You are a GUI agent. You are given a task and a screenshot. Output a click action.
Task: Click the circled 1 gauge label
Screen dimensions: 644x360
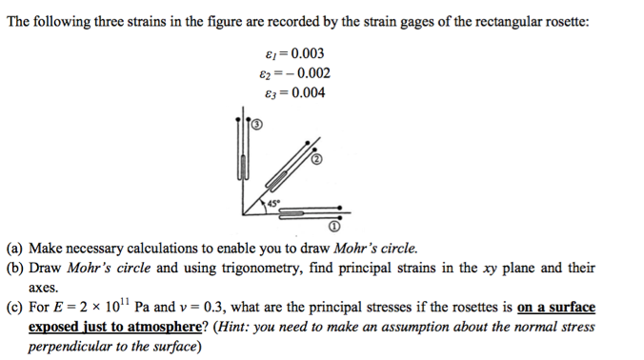(x=334, y=229)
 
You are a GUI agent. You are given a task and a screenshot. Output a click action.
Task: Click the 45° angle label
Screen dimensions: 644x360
(x=274, y=203)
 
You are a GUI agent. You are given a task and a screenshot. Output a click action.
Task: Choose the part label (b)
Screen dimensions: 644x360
(x=17, y=268)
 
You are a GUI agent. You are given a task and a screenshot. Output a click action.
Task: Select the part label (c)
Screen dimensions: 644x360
(x=17, y=308)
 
